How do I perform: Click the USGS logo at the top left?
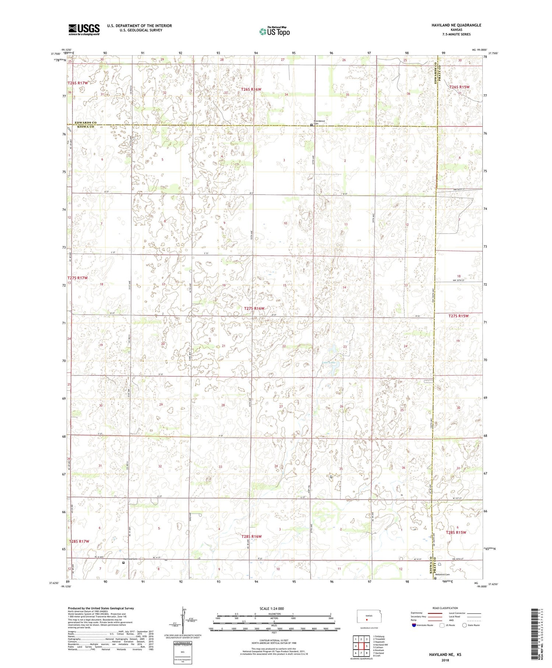[84, 29]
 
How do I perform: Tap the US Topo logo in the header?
[274, 32]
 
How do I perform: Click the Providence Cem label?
[319, 122]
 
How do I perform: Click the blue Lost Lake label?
[329, 363]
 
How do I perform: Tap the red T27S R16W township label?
[254, 308]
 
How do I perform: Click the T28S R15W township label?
[456, 532]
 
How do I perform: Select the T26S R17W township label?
[78, 83]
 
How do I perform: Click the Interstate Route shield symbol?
[414, 625]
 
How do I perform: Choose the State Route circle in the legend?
[464, 625]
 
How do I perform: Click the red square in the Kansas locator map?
[366, 620]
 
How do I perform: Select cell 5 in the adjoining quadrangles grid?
[367, 646]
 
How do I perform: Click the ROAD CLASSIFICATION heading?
[445, 608]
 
